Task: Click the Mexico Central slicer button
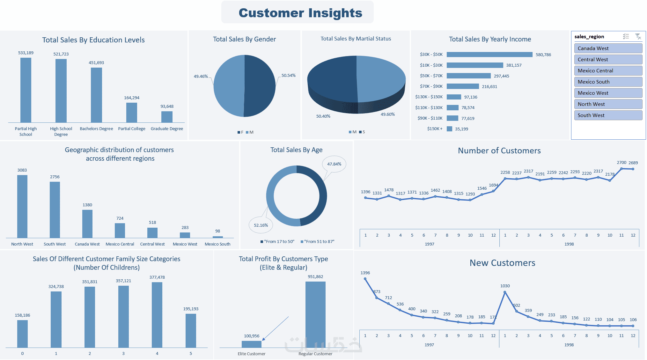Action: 608,70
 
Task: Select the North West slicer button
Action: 608,104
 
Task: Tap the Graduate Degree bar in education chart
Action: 167,117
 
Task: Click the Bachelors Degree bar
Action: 96,95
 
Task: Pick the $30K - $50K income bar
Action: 489,55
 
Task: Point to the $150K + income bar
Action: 449,129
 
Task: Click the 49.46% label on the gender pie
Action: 201,77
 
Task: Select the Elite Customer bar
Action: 251,344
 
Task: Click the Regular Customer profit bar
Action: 315,314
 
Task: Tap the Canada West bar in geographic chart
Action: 87,224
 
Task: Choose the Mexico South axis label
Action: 217,244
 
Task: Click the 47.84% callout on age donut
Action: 334,164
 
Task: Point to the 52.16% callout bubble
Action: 261,225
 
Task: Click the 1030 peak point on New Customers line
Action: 505,292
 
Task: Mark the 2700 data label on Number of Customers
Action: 621,163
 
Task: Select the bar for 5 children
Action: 191,330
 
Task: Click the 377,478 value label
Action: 157,277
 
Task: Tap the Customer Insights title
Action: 300,13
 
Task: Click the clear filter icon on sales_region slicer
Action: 638,37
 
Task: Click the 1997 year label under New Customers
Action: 429,345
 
